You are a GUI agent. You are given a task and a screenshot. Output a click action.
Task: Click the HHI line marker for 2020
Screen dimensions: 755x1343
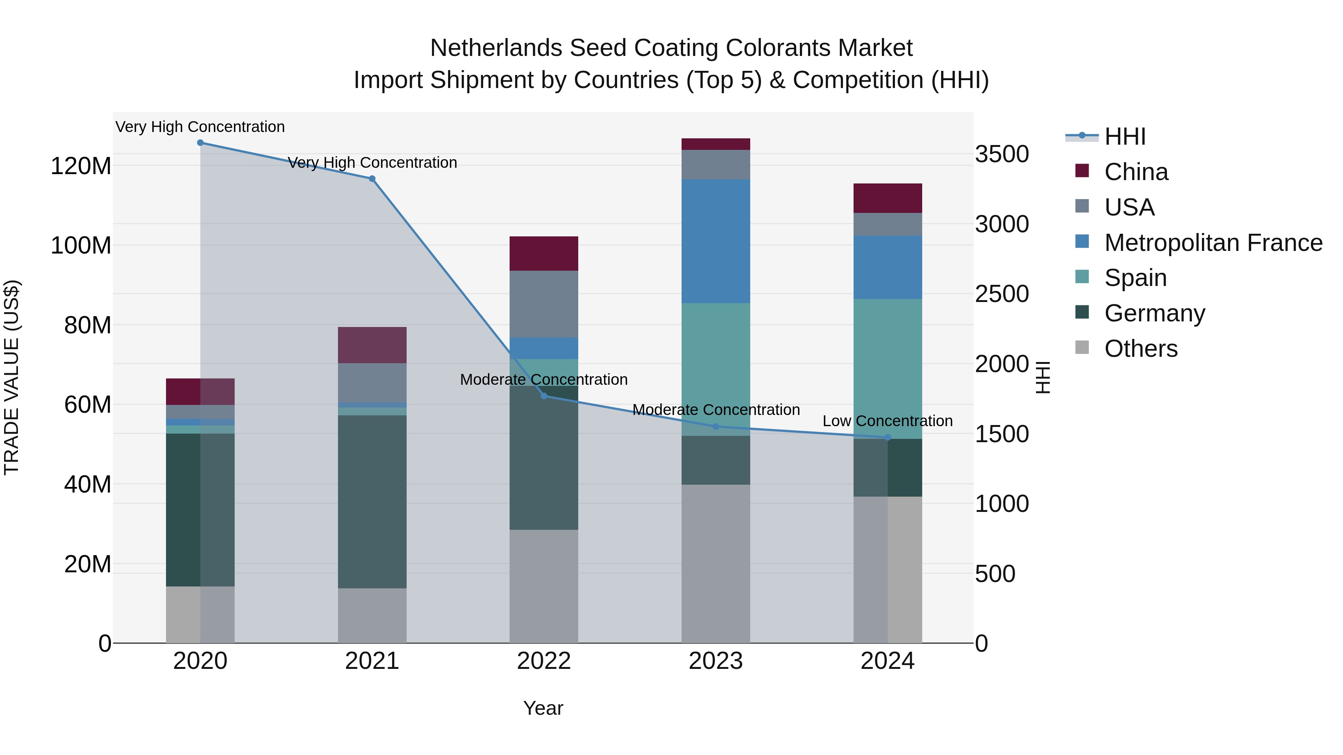coord(200,143)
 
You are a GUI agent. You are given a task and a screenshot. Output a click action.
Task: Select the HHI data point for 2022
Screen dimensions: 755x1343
coord(544,396)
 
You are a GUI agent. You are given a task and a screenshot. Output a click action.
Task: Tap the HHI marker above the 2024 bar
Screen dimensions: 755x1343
coord(888,438)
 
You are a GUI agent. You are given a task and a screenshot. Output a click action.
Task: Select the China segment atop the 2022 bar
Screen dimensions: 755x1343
coord(544,254)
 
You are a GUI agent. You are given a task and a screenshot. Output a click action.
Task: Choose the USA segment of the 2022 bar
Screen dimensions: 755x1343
coord(544,304)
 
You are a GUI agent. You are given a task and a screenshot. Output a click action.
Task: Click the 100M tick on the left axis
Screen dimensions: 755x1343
coord(81,245)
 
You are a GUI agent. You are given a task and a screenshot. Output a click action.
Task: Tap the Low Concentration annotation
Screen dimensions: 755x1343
coord(887,421)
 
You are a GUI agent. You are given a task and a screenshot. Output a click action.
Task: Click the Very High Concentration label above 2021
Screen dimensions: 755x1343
coord(372,163)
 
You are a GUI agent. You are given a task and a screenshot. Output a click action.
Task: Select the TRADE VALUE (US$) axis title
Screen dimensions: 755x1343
coord(12,377)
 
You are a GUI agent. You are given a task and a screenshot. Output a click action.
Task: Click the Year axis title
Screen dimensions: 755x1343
coord(543,708)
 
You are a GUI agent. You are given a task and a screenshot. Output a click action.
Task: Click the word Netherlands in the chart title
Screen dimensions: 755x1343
coord(496,48)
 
